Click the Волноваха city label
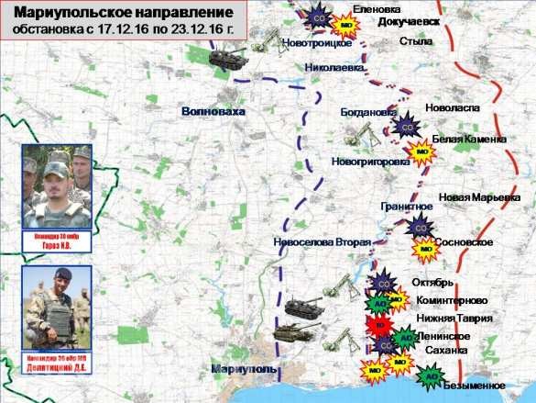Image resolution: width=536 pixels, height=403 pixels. tap(213, 110)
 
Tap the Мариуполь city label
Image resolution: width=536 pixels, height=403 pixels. tap(244, 368)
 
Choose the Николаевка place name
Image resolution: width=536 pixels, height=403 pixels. tap(335, 68)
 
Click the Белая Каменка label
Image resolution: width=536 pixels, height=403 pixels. tap(468, 139)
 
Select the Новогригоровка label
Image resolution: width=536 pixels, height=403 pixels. tap(369, 161)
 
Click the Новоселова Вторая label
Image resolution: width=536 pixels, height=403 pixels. tap(322, 242)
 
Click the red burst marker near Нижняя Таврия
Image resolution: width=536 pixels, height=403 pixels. tap(377, 323)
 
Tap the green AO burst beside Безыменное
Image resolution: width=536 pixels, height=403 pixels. tap(429, 375)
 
